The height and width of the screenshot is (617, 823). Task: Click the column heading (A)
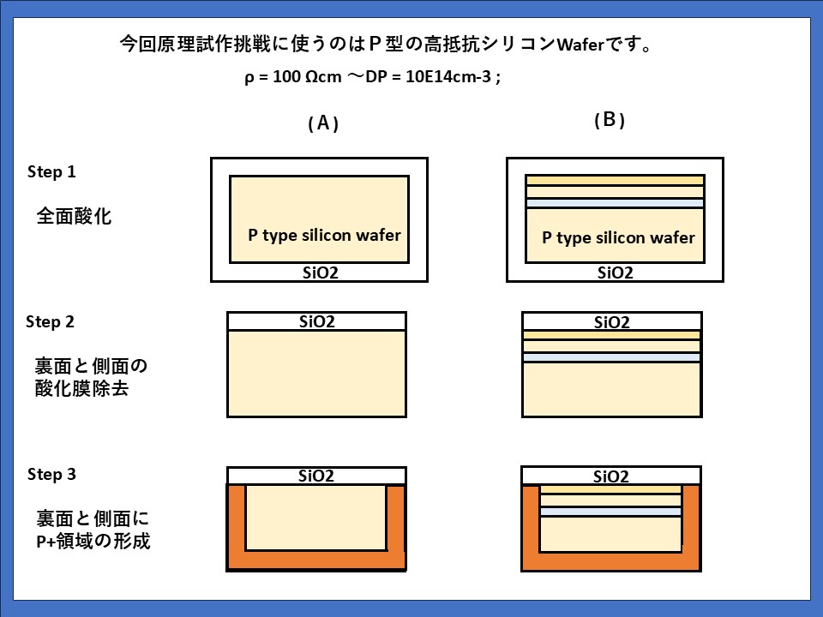[x=323, y=123]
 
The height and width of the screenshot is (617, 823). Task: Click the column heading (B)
[x=610, y=120]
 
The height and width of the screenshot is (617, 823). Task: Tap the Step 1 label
[x=52, y=171]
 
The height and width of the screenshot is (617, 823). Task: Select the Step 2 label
[x=51, y=322]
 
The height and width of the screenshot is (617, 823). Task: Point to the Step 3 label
[x=51, y=474]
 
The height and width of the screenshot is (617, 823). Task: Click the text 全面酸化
[x=74, y=215]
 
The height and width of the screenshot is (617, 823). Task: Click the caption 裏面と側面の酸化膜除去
[x=92, y=378]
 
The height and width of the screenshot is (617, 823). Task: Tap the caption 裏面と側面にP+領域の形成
[x=93, y=530]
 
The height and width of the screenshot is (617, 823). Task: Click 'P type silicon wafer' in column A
[x=325, y=235]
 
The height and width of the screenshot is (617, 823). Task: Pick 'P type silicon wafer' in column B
[x=618, y=237]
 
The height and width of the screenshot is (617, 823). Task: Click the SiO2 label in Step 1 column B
[x=615, y=273]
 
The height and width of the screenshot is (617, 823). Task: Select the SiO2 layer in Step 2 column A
[x=315, y=321]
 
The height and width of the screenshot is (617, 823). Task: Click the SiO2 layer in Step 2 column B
[x=610, y=322]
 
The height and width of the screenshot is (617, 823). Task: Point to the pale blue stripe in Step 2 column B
[x=611, y=356]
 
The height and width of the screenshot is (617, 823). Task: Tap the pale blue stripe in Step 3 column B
[x=610, y=511]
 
